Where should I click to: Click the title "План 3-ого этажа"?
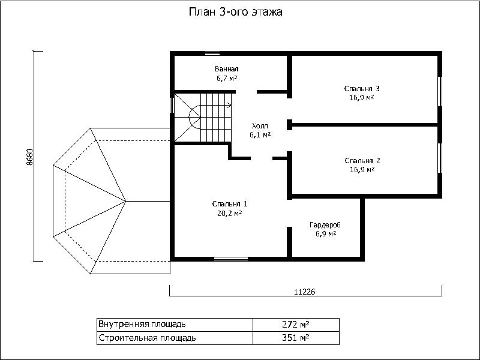[x=235, y=12]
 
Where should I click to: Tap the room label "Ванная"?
[x=227, y=69]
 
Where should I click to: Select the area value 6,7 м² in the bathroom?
[x=227, y=79]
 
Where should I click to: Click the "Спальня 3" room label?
[x=362, y=88]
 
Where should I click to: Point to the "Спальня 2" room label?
[x=362, y=160]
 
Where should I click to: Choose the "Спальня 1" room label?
[x=230, y=204]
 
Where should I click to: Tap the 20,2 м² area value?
[x=230, y=214]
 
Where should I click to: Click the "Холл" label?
[x=260, y=125]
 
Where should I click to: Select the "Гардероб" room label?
[x=325, y=224]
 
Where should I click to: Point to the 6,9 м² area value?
[x=326, y=234]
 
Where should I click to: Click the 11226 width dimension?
[x=305, y=292]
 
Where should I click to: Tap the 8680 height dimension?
[x=29, y=157]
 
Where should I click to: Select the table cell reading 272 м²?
[x=296, y=324]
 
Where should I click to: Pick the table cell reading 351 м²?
[x=296, y=338]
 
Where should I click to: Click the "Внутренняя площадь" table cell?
[x=175, y=324]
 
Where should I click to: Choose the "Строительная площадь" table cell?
[x=175, y=338]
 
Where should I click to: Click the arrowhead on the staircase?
[x=230, y=106]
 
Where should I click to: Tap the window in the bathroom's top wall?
[x=212, y=53]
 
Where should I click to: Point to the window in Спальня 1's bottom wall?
[x=231, y=259]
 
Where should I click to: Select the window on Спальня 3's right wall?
[x=440, y=91]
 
